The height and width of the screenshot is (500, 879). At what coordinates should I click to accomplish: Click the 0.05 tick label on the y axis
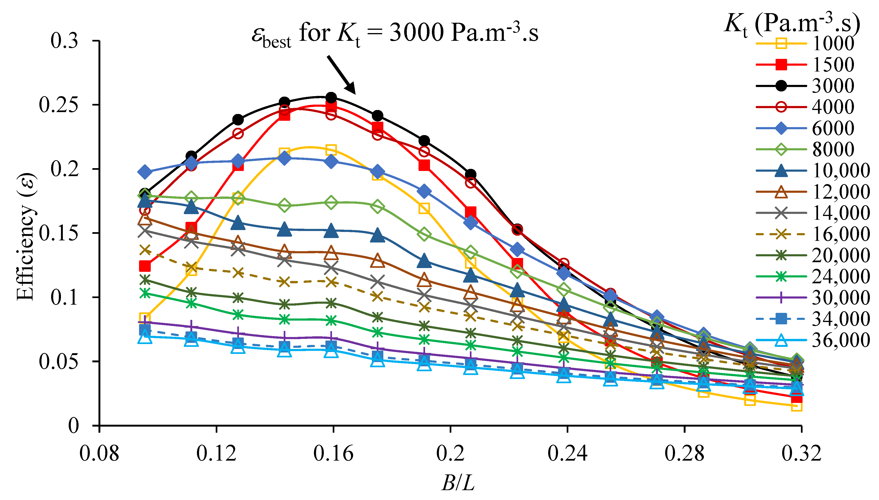pyautogui.click(x=58, y=361)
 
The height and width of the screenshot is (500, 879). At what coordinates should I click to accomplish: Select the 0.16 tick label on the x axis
pyautogui.click(x=333, y=453)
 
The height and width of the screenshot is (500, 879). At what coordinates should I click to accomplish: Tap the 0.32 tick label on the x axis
pyautogui.click(x=801, y=453)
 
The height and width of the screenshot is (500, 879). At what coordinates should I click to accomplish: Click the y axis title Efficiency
pyautogui.click(x=26, y=237)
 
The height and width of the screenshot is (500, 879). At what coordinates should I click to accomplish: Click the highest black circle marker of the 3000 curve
pyautogui.click(x=331, y=98)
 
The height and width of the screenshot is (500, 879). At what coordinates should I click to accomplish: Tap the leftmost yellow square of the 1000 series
pyautogui.click(x=145, y=318)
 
